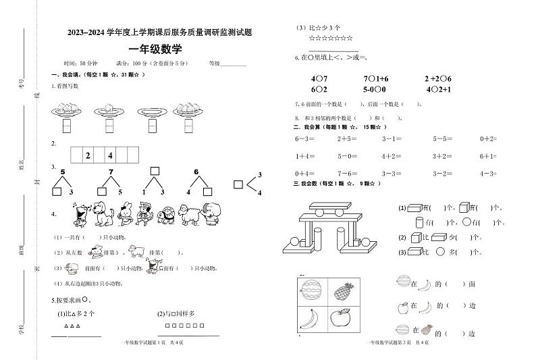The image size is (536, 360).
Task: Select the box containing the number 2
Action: point(88,156)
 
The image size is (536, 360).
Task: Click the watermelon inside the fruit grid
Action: point(311,291)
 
